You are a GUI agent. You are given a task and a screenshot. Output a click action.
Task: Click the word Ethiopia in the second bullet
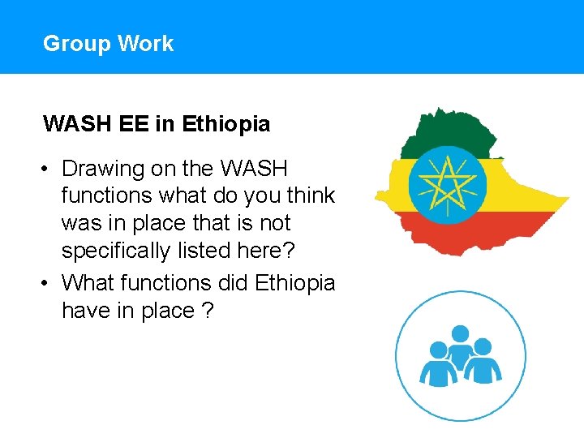294,283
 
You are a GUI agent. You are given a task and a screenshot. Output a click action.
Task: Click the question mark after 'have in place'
208,311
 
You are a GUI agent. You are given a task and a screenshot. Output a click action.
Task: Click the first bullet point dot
49,170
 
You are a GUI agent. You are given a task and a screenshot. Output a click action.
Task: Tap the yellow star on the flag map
447,186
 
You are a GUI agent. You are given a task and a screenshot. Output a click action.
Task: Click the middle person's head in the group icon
460,333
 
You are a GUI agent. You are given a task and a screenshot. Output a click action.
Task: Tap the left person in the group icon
437,365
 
